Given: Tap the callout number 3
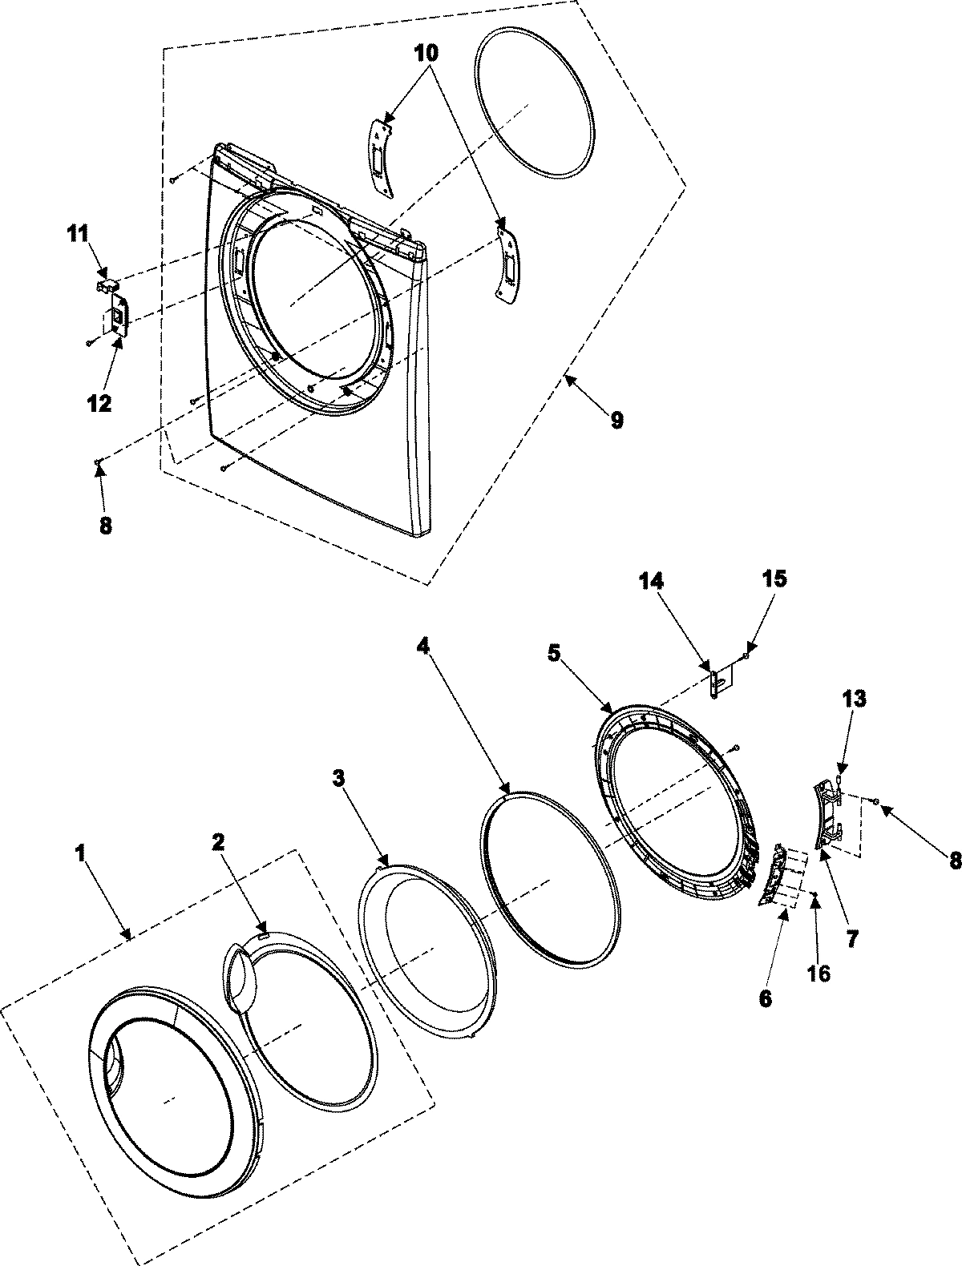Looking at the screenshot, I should [x=340, y=778].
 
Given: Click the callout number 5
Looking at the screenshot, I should [x=554, y=654].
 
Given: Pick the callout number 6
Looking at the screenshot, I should [x=765, y=998].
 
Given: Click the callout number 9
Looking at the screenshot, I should [x=616, y=420].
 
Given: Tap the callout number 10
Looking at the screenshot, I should [x=427, y=54].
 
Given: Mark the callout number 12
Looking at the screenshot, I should [x=99, y=403].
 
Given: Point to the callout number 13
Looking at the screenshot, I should [x=854, y=699].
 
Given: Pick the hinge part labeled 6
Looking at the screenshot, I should [x=770, y=875].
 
